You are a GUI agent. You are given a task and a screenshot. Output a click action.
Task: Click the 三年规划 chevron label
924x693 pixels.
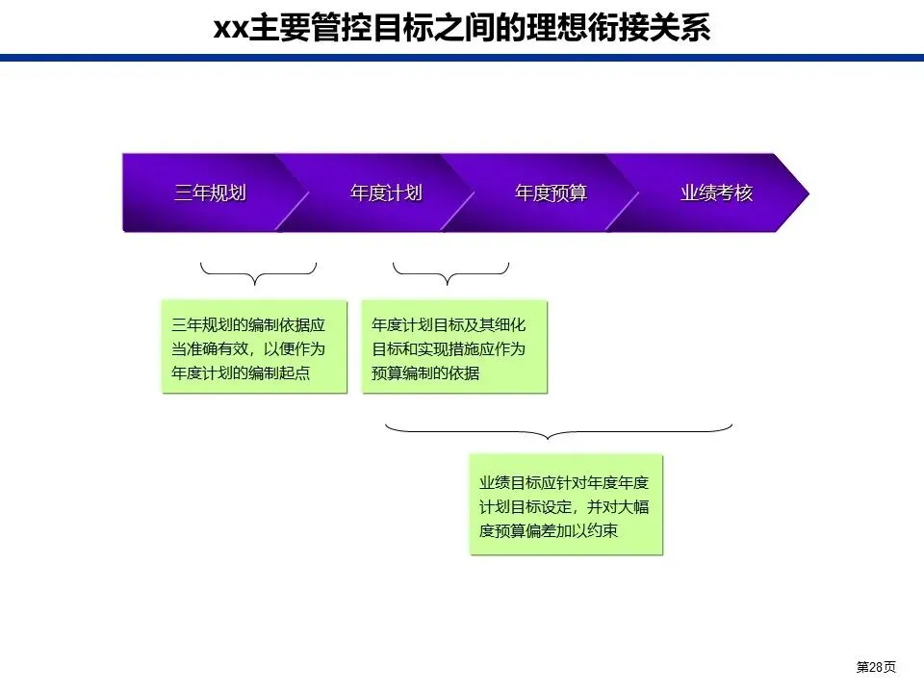210,192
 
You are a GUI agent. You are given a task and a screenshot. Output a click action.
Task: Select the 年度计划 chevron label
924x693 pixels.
386,192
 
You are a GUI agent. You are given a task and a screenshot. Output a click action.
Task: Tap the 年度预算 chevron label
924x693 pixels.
551,192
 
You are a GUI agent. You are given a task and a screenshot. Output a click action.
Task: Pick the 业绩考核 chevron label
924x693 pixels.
716,192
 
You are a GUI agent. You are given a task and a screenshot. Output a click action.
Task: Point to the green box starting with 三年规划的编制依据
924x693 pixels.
254,347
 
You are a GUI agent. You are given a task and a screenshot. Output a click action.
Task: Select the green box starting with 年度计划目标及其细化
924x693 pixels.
454,347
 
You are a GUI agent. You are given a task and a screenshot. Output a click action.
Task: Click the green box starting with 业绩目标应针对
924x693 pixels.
567,505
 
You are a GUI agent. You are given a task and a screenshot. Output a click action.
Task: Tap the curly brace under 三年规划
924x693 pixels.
257,274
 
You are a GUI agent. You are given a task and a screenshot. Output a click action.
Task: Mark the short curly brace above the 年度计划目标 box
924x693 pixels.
450,274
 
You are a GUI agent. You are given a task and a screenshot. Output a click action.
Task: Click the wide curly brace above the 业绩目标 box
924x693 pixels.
558,430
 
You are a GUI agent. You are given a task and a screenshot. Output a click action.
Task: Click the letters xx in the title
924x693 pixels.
229,28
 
